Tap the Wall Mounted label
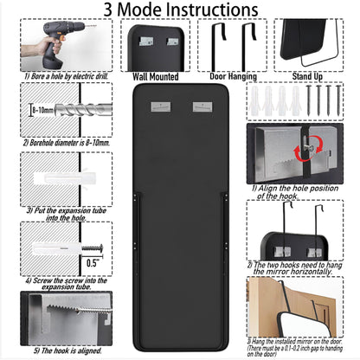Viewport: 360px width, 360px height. click(x=157, y=76)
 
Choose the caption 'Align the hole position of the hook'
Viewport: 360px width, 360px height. click(x=303, y=190)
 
